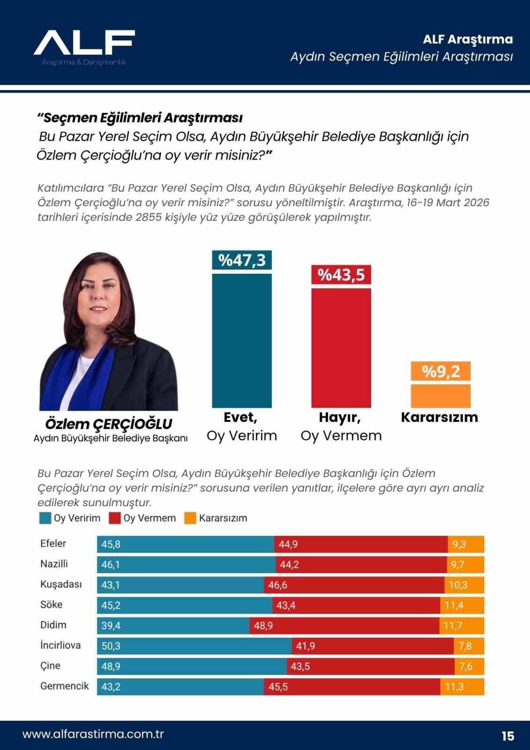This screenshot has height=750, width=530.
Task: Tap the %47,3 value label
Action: click(x=242, y=260)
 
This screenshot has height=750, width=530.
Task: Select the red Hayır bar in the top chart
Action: click(x=341, y=347)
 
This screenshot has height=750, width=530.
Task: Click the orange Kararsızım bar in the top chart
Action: click(x=440, y=396)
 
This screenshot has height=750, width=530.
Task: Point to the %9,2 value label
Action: click(x=440, y=371)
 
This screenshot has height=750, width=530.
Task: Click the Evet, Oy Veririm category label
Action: click(x=241, y=426)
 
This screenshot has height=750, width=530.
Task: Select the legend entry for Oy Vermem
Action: click(x=143, y=518)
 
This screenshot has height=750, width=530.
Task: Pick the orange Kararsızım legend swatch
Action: click(x=190, y=518)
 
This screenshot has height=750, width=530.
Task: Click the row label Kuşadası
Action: click(x=61, y=584)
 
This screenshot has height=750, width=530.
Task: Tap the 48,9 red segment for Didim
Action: click(x=344, y=625)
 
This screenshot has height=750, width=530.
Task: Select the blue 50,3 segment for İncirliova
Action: click(x=194, y=646)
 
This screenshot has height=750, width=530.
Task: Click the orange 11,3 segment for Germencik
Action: click(x=462, y=687)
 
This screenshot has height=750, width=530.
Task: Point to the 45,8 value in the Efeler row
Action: click(x=111, y=544)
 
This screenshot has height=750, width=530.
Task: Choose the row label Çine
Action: click(x=50, y=666)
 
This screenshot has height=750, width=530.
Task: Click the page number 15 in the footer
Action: click(x=508, y=736)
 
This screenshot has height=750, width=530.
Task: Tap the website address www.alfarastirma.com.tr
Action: click(x=93, y=734)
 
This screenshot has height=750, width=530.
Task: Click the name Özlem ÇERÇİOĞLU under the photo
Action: click(x=108, y=424)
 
